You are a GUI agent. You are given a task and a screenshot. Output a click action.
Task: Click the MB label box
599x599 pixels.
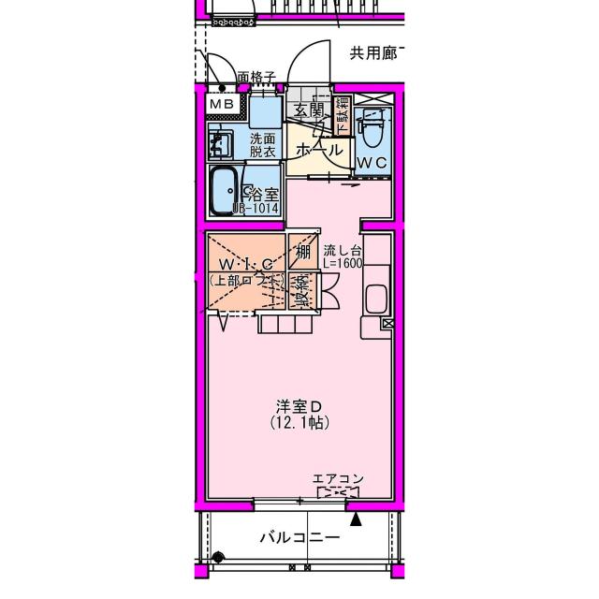222,103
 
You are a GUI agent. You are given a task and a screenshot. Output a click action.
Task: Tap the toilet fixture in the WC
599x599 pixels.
373,131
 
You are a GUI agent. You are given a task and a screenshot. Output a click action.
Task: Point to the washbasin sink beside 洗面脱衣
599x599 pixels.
221,145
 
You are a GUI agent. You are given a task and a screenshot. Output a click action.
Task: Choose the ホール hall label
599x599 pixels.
318,151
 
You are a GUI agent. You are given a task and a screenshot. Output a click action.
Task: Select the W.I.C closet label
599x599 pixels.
247,263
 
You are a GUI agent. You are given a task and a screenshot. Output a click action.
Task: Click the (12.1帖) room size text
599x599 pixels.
299,423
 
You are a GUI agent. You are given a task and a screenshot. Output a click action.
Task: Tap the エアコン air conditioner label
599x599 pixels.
338,478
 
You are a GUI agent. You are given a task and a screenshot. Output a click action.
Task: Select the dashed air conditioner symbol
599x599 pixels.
338,492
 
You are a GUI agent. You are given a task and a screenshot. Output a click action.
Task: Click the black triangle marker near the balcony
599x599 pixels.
356,515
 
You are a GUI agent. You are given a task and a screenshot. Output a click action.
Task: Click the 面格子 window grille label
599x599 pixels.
256,77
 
